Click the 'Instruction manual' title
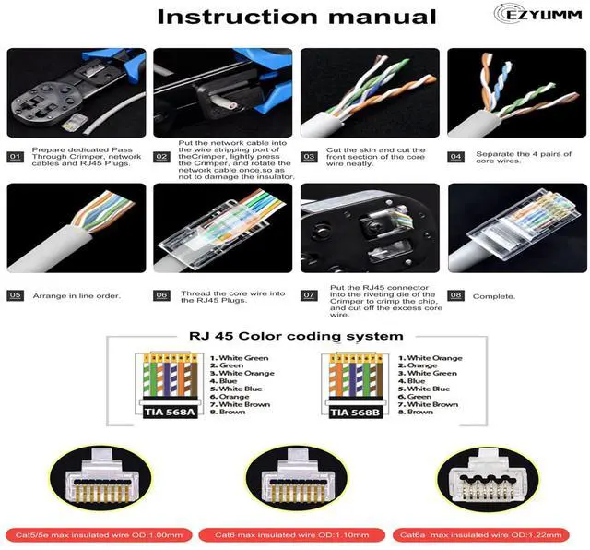pos(296,17)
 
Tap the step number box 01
pos(15,157)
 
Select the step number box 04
pos(455,156)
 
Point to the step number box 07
pos(309,295)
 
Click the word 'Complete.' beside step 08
pos(494,296)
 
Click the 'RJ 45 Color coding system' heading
pos(295,336)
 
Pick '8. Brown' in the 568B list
pos(419,412)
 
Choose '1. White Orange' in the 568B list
pos(432,358)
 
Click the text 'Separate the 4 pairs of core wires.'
pos(523,158)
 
